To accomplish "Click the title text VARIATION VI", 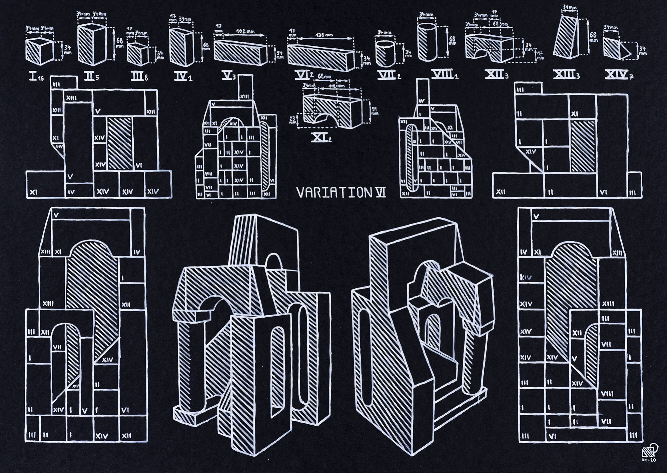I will (341, 193).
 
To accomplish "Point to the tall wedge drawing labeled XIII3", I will (566, 37).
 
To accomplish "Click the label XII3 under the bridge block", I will (496, 76).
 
